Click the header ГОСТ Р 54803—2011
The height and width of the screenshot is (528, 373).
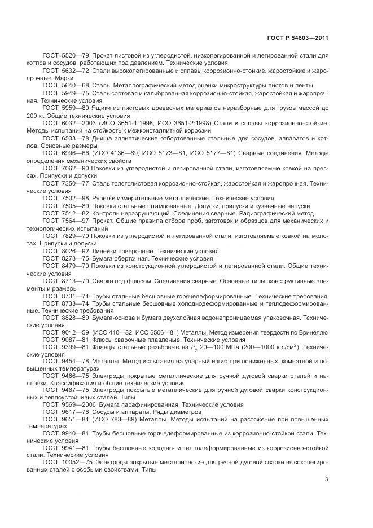point(298,38)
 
